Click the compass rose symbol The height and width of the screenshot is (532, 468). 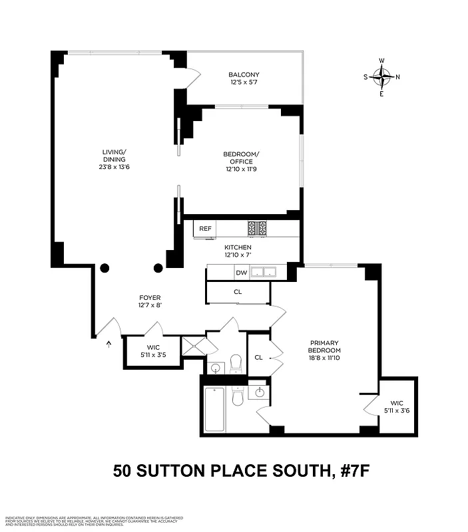click(381, 77)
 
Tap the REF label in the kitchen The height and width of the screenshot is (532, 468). click(205, 229)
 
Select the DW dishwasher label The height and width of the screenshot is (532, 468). click(241, 272)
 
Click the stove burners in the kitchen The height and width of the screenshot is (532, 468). click(257, 228)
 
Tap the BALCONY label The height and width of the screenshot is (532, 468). click(244, 74)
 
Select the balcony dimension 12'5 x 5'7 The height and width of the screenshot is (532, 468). click(244, 82)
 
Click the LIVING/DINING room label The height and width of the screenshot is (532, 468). click(114, 156)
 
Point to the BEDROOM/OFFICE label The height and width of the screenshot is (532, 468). click(241, 158)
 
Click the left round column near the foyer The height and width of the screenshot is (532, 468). click(105, 268)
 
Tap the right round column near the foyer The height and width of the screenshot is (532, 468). click(158, 268)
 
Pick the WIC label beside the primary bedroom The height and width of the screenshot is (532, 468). click(397, 403)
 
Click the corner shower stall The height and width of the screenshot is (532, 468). click(199, 346)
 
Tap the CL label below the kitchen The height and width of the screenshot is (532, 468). click(238, 291)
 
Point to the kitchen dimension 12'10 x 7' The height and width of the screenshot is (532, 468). click(238, 255)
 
